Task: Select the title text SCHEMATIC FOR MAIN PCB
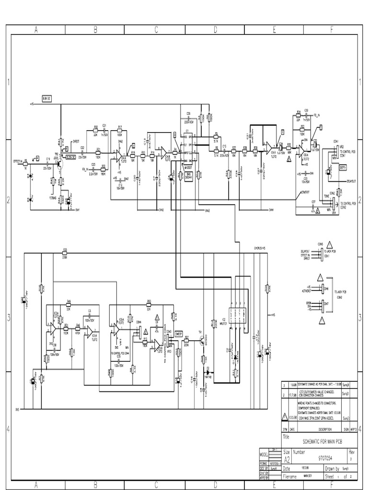click(x=317, y=444)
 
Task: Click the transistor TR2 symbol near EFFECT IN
click(x=60, y=163)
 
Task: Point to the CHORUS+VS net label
click(x=259, y=248)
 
